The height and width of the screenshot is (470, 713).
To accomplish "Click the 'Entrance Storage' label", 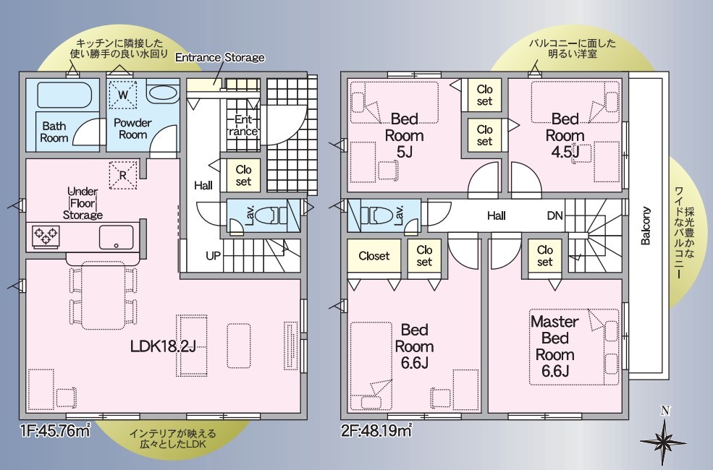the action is tap(220, 58).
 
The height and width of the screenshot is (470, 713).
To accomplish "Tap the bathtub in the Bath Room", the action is tap(64, 95).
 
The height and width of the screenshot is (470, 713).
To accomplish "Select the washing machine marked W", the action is tap(123, 95).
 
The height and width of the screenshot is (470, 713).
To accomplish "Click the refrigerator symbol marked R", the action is tap(123, 175).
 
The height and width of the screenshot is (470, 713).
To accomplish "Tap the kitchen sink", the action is tap(117, 237).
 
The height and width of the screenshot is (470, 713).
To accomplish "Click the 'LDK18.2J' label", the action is tap(164, 347).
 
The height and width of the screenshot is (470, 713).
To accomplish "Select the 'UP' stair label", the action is tap(213, 256).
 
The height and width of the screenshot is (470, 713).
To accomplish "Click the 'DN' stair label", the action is tap(554, 215).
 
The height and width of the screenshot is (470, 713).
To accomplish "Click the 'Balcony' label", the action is tap(646, 226).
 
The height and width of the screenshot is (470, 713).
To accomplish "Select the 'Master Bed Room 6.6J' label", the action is tap(554, 346).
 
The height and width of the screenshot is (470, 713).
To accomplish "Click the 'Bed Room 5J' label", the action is tap(404, 135).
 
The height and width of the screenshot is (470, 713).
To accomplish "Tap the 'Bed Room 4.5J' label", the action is tap(565, 135).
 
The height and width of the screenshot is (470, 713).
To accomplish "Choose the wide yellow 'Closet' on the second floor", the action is tap(374, 256).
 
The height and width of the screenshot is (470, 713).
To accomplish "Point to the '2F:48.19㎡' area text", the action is tap(376, 430).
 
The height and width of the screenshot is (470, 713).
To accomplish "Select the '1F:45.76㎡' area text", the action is tap(54, 430).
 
